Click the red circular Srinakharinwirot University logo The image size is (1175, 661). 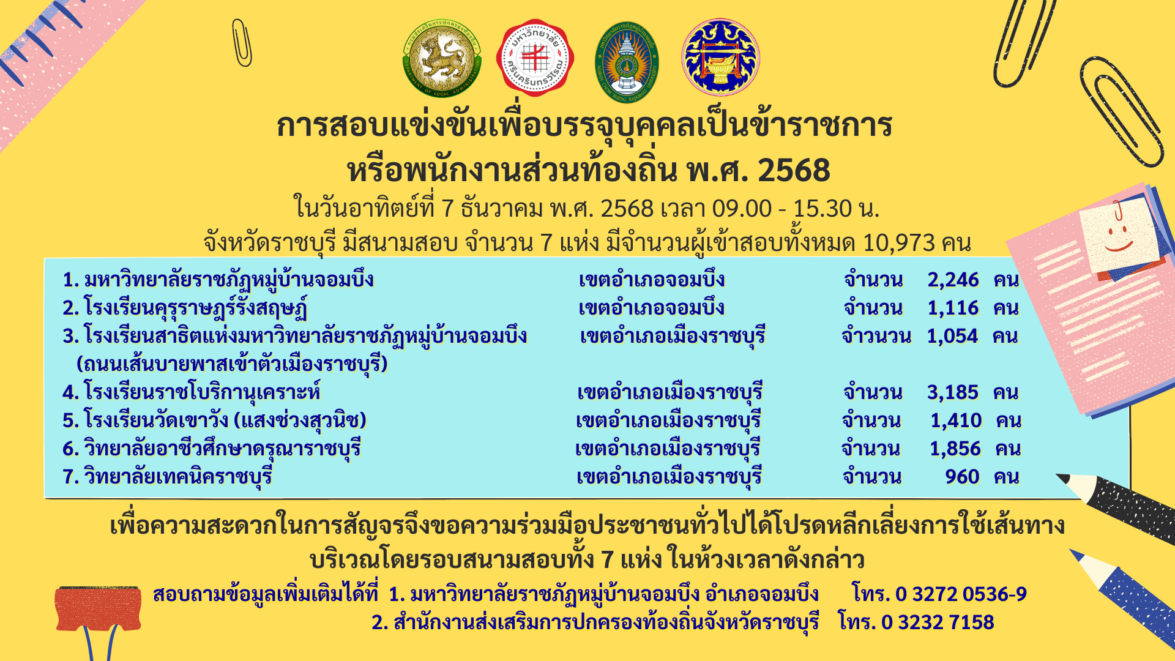535,58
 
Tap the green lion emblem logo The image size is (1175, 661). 442,58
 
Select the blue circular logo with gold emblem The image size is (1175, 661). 720,57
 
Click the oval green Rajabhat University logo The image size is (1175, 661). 627,62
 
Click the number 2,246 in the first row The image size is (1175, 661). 953,280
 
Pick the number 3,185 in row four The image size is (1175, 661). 953,392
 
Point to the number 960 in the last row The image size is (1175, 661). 962,477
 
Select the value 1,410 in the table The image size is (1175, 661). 956,420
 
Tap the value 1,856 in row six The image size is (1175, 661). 955,449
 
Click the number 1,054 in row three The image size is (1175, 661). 952,336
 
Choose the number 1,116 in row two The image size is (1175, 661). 953,308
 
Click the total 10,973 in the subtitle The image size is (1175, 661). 899,243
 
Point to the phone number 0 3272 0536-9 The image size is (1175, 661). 961,594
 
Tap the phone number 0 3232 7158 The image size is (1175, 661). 938,622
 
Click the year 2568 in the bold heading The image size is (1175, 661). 794,171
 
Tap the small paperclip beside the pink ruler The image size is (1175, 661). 242,43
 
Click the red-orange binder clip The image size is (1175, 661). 98,609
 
